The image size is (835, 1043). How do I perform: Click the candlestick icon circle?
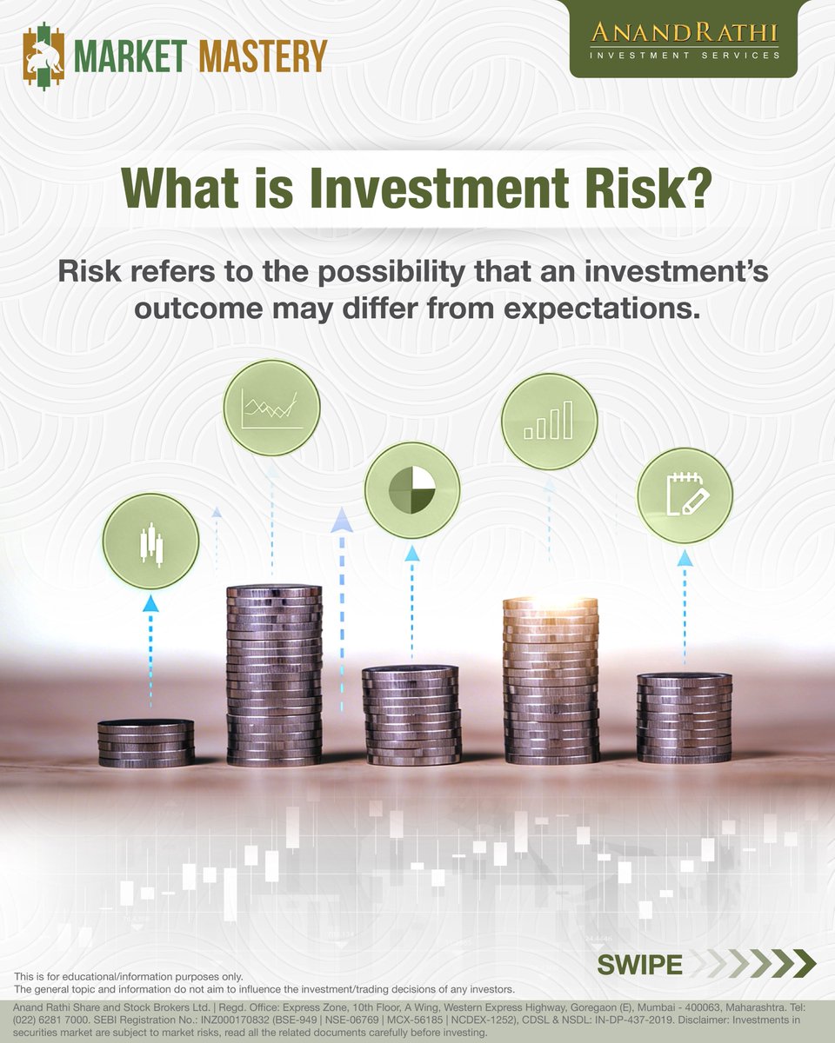151,541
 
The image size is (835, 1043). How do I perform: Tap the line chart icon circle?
272,407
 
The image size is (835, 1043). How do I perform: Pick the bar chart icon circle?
549,420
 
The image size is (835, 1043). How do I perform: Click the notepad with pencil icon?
685,495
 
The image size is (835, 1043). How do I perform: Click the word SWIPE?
639,964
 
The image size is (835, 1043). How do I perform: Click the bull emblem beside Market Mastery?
44,56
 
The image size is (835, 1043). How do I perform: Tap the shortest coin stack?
146,744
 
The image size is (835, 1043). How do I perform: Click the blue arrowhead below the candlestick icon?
151,603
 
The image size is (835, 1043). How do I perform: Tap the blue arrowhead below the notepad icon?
685,557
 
